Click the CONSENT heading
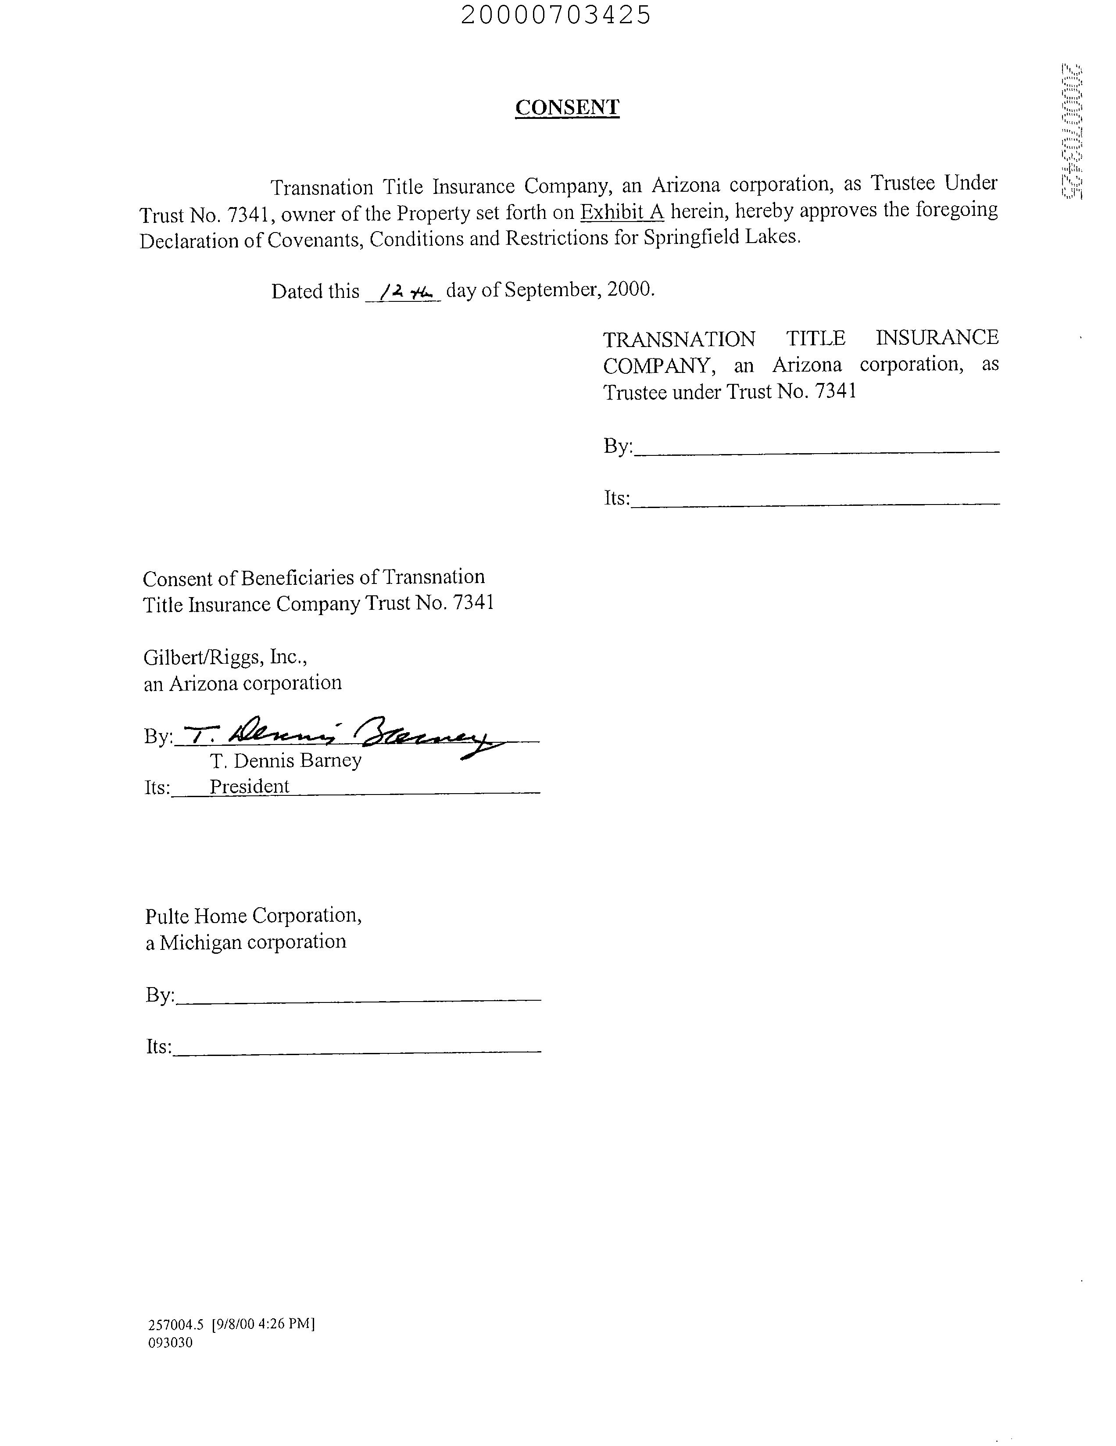coord(567,107)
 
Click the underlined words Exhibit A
coord(622,212)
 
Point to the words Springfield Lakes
coord(722,237)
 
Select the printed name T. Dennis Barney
coord(286,761)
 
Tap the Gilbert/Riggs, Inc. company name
coord(225,657)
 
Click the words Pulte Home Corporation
coord(253,916)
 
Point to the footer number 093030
coord(170,1342)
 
